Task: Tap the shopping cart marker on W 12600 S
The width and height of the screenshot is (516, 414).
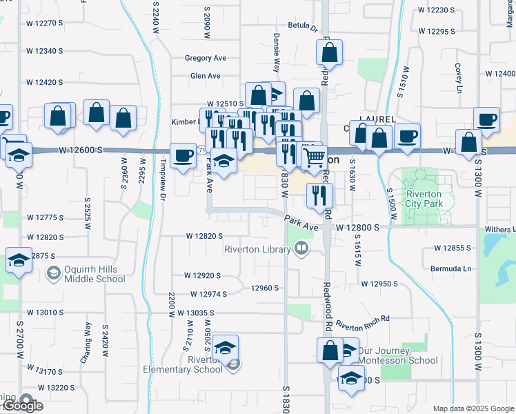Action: (x=314, y=157)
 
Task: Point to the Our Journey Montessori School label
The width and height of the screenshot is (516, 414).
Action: (x=397, y=355)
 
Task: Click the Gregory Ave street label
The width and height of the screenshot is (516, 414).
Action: (x=206, y=58)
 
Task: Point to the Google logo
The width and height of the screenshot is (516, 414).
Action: (x=22, y=406)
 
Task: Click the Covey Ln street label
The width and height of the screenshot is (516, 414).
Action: (x=458, y=78)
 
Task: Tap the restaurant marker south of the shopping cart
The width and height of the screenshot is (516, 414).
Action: (x=319, y=195)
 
